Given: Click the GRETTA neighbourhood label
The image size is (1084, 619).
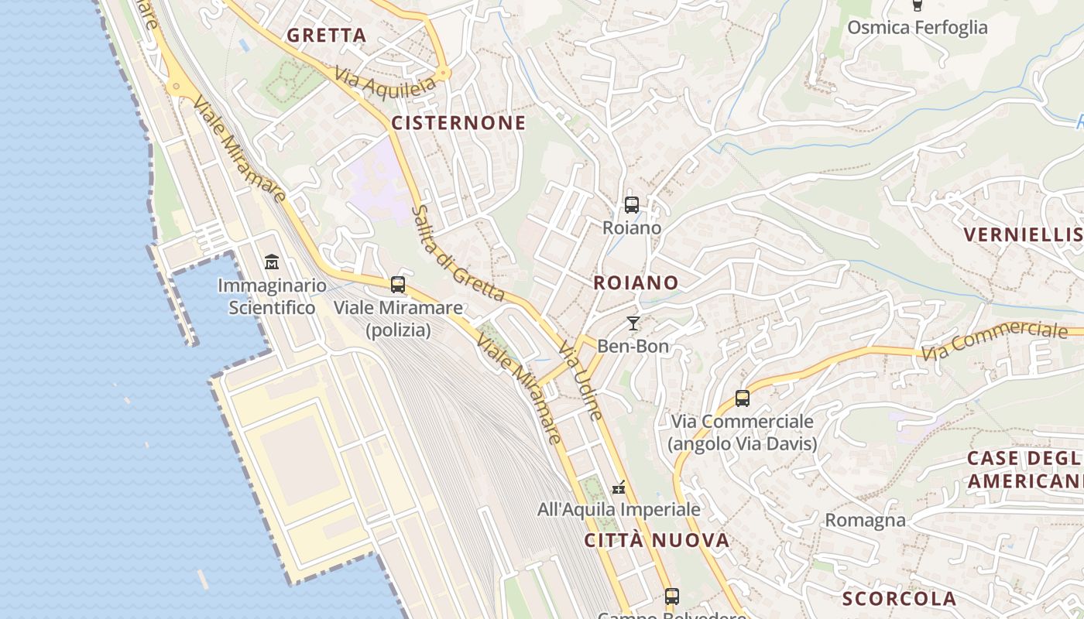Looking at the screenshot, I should pos(326,36).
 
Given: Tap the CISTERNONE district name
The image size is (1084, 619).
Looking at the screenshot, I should pos(458,123).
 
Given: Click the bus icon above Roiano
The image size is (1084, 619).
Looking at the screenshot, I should pos(632,205).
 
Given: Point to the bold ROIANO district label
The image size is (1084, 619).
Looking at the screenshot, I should pos(636,283).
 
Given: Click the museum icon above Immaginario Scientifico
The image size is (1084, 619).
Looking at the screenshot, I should pos(272,262).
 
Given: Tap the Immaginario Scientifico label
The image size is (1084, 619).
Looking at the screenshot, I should pos(272,296).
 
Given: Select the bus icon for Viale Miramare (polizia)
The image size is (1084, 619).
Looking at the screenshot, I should pos(398,285).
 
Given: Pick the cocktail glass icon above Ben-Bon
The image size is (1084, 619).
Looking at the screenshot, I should pos(633,323).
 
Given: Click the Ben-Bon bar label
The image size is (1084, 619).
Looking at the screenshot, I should pos(633,347).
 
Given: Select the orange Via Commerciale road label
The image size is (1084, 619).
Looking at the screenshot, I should pos(996,340).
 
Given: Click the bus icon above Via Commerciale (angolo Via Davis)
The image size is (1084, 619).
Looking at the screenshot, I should pos(743,398).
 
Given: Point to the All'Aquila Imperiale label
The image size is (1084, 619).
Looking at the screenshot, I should pos(619,509).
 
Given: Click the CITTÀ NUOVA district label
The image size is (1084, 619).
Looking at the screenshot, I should pos(657,540).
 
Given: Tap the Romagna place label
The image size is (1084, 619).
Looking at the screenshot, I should pos(865,520).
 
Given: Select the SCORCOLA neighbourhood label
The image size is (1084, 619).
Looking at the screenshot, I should pos(899,599).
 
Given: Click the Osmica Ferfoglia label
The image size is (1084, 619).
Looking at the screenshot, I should pos(917,28).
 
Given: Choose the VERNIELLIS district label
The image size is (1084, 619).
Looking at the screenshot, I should pos(1022,234).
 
